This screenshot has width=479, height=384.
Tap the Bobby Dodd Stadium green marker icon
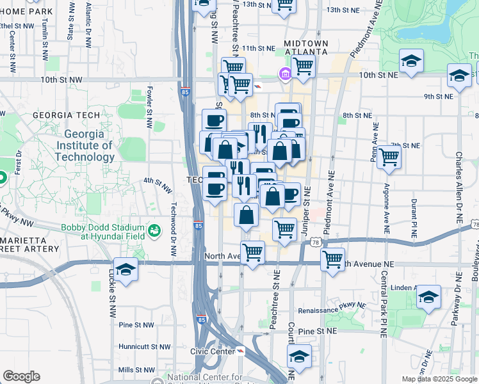(154, 230)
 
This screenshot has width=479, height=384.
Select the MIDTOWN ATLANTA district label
(305, 48)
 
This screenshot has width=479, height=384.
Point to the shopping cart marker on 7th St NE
(389, 156)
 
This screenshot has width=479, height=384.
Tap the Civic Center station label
(213, 351)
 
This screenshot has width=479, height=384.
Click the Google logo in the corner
(21, 376)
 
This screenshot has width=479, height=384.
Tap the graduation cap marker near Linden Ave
(428, 297)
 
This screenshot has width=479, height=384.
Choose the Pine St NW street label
(136, 325)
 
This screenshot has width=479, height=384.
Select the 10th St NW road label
(61, 79)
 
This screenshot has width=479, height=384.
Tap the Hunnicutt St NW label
(145, 347)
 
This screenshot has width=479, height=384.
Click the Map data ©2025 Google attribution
(438, 379)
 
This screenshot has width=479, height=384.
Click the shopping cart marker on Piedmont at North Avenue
(332, 259)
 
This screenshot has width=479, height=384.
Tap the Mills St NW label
(137, 370)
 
